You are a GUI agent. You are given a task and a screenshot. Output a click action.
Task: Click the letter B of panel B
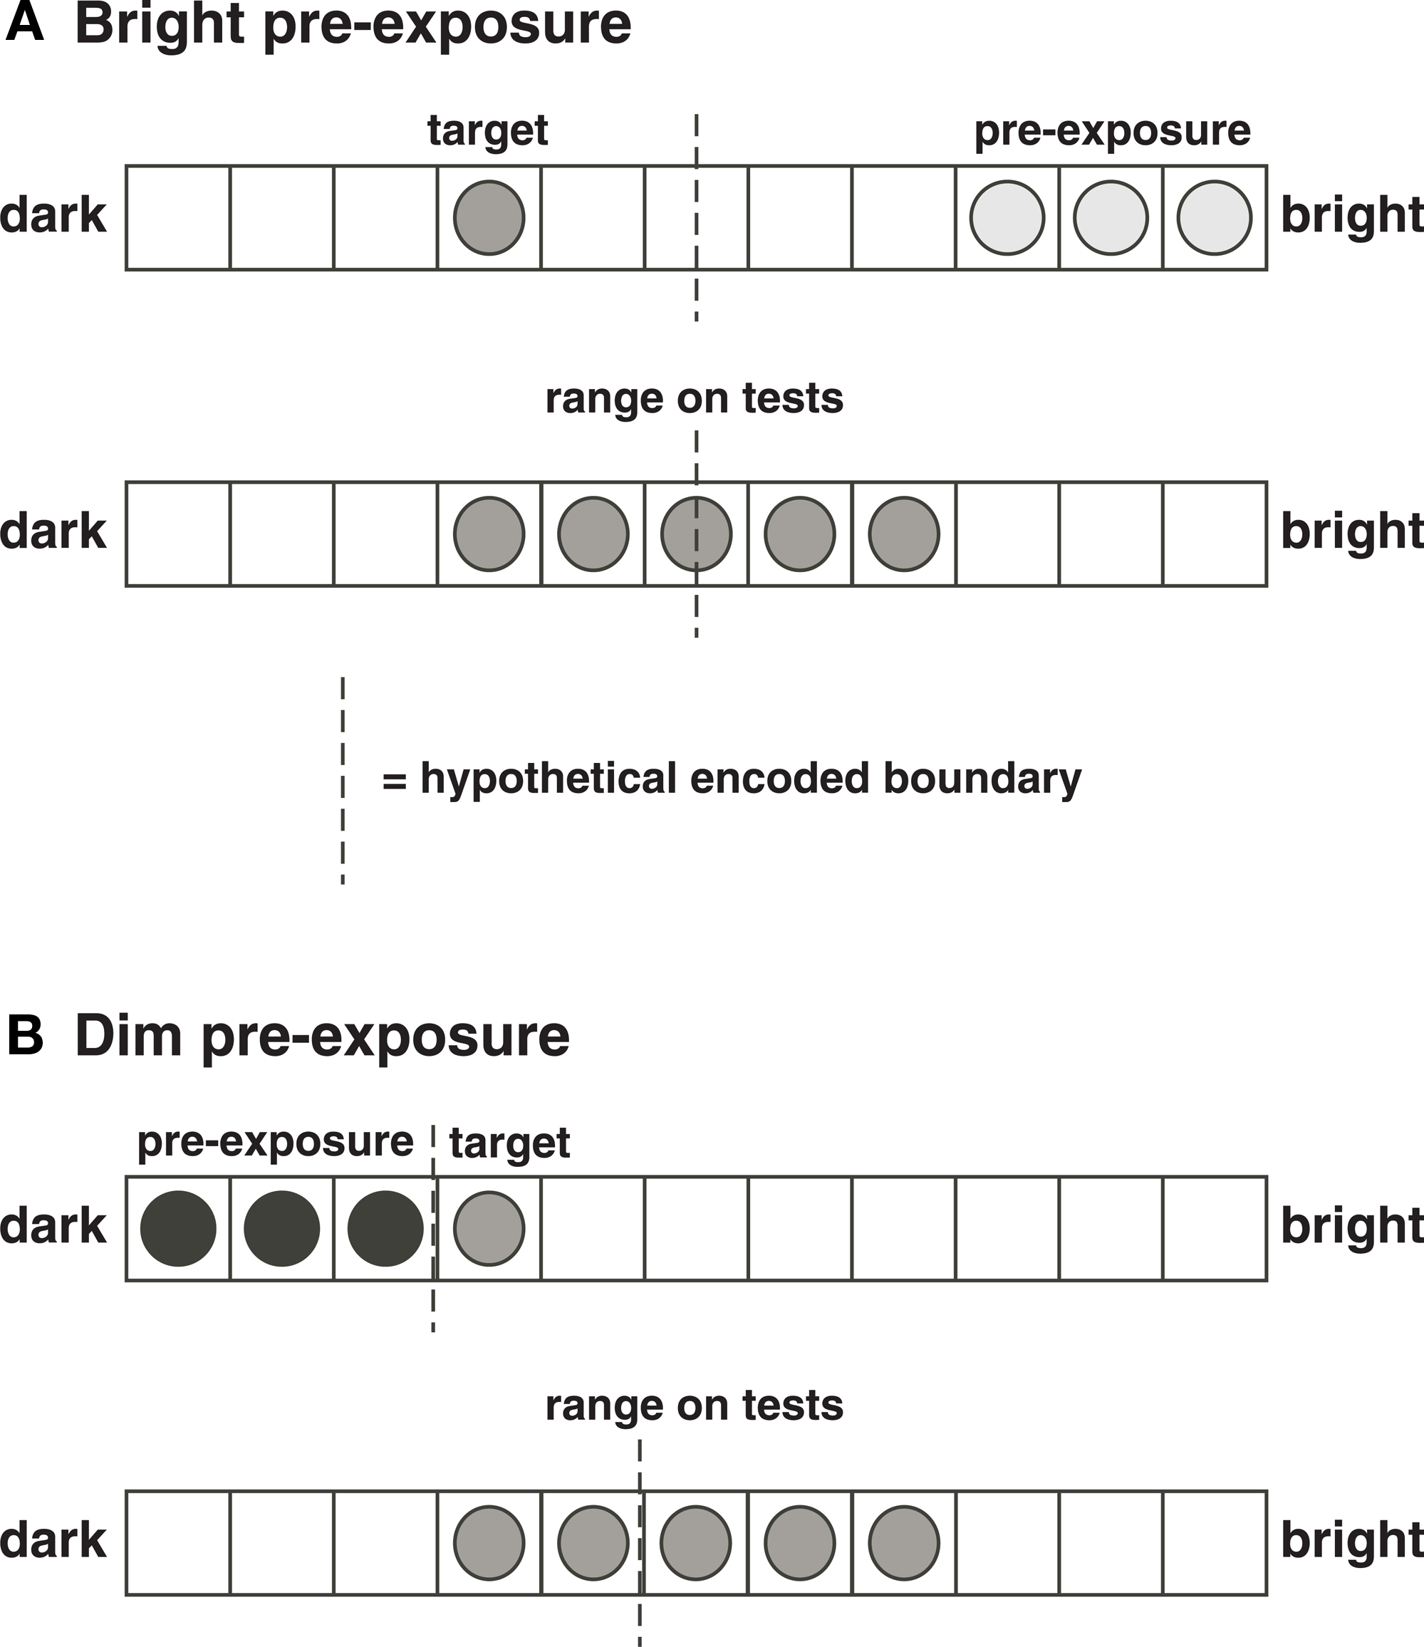tap(25, 1036)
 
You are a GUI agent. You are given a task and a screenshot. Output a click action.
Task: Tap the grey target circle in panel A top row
tap(489, 218)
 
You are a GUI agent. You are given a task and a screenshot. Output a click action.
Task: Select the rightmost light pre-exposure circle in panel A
tap(1214, 218)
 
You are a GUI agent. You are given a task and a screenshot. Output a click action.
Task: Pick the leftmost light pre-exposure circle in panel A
tap(1007, 218)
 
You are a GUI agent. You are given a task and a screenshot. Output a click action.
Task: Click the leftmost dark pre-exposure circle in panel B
tap(178, 1228)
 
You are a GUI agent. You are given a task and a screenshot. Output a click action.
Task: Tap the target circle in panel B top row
tap(489, 1228)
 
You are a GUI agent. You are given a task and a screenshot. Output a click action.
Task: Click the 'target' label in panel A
tap(487, 131)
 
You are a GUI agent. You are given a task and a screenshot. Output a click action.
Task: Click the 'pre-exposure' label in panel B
tap(275, 1142)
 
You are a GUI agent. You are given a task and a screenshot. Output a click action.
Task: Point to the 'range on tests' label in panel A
tap(693, 398)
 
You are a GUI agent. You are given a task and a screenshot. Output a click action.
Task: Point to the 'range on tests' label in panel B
tap(693, 1406)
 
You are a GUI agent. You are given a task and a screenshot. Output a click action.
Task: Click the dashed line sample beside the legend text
tap(343, 779)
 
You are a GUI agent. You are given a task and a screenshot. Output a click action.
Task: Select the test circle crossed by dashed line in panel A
tap(696, 534)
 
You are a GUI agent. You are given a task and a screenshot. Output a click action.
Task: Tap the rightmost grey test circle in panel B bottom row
tap(903, 1543)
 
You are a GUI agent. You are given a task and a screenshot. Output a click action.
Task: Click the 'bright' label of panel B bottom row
tap(1350, 1542)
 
